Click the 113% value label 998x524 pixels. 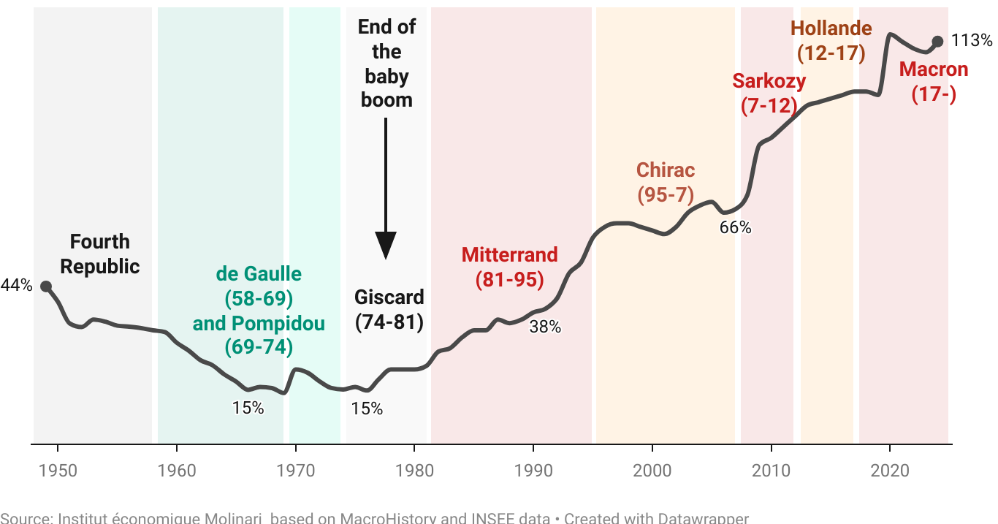[x=972, y=41]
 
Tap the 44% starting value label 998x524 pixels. [x=16, y=286]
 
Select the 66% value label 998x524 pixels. [x=735, y=227]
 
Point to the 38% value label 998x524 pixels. [x=545, y=327]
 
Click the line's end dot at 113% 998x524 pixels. [x=938, y=42]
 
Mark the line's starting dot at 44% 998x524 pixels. [x=45, y=286]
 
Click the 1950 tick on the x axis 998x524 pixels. [x=57, y=470]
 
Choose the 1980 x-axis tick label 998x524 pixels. [x=414, y=470]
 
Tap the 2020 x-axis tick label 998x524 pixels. [x=890, y=470]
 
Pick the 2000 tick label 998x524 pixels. [x=652, y=470]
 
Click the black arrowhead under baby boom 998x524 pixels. [x=386, y=245]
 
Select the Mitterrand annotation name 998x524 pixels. [x=509, y=254]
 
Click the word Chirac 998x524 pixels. [x=665, y=170]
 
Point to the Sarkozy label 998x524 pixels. [x=769, y=81]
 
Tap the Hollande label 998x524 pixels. [x=831, y=29]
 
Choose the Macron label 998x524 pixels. [x=933, y=70]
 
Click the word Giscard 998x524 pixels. [x=389, y=297]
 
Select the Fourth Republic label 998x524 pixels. [x=99, y=254]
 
